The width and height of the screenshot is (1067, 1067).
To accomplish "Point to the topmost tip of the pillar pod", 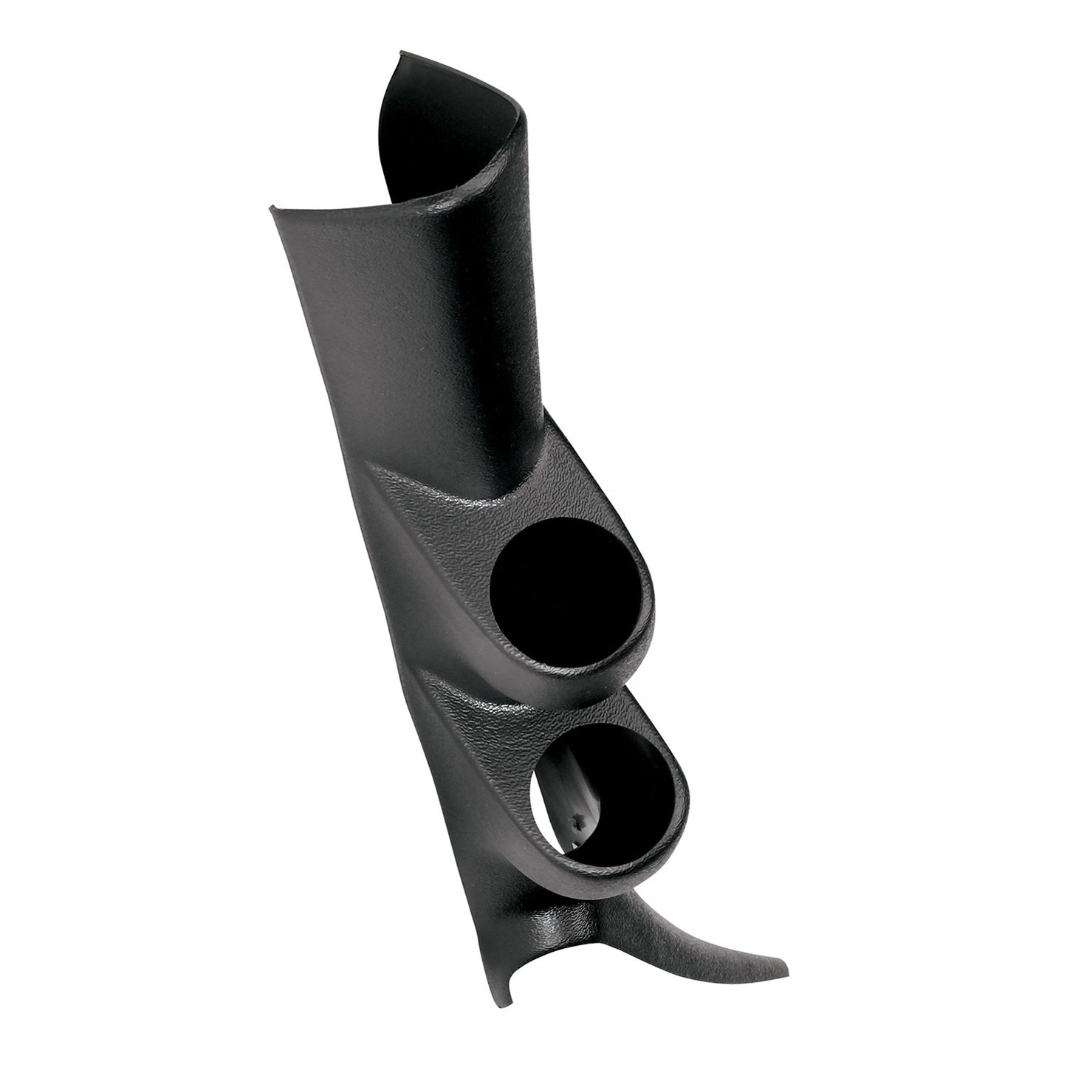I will (x=401, y=52).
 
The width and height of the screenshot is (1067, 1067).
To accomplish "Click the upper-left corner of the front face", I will (x=272, y=210).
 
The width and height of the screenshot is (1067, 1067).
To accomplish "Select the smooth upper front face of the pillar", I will (x=414, y=332).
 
